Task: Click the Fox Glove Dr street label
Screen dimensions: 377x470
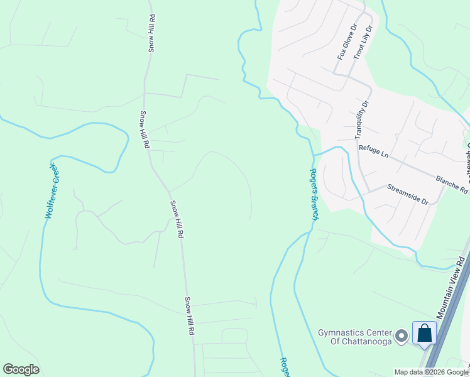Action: click(347, 42)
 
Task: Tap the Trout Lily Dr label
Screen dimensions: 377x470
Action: click(363, 43)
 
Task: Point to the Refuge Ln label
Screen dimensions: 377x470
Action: click(374, 153)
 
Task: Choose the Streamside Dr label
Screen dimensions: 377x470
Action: click(407, 194)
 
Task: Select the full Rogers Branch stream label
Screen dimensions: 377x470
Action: click(314, 194)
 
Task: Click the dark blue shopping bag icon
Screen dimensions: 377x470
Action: click(424, 333)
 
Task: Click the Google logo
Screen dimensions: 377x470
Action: click(21, 369)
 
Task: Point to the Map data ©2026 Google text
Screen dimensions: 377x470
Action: click(430, 372)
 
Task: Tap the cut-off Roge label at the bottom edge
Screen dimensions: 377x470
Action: click(284, 367)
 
